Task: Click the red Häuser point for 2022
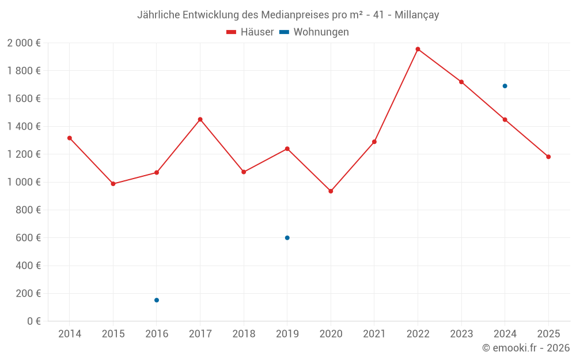click(x=418, y=49)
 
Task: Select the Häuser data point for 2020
click(x=331, y=191)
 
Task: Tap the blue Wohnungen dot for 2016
click(x=157, y=300)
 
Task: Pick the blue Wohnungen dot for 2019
click(x=287, y=238)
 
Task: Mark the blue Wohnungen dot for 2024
click(x=505, y=86)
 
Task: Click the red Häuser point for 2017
click(x=200, y=119)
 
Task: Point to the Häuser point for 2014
click(x=70, y=138)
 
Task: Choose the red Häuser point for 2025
click(x=548, y=157)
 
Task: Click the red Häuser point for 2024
click(x=505, y=120)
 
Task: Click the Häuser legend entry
click(x=251, y=32)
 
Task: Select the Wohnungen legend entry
click(x=314, y=32)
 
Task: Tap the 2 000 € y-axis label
click(x=24, y=43)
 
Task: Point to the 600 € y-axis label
click(x=28, y=238)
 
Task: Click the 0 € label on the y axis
click(x=34, y=321)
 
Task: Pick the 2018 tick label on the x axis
click(x=244, y=334)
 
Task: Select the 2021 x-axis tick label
click(x=374, y=334)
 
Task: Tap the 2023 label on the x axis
click(x=461, y=334)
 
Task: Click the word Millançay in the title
click(x=416, y=15)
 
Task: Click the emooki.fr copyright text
click(x=526, y=348)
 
